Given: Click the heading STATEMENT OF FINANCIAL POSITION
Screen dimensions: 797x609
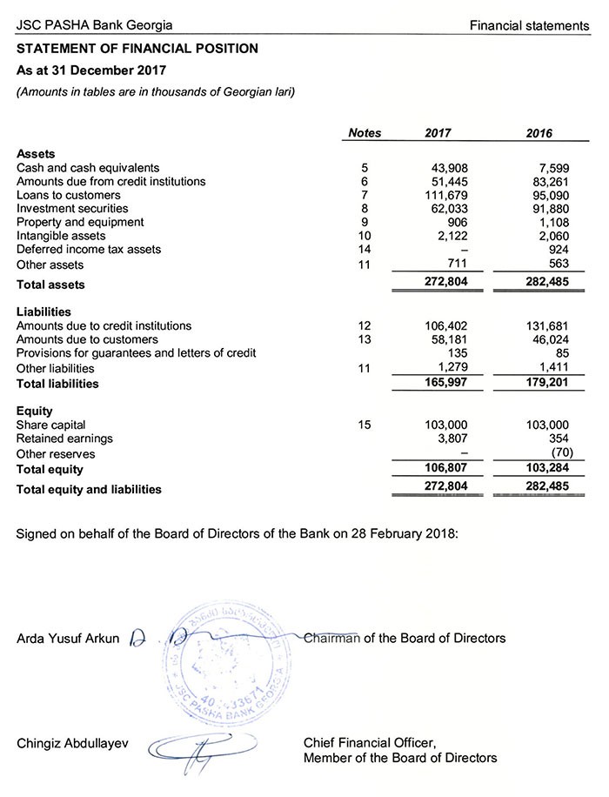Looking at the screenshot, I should pyautogui.click(x=137, y=49).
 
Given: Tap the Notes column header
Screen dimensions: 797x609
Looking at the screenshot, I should pyautogui.click(x=365, y=133).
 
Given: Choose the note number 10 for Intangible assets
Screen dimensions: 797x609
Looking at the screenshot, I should pyautogui.click(x=365, y=236).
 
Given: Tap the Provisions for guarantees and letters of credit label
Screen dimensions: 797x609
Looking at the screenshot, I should pyautogui.click(x=136, y=353).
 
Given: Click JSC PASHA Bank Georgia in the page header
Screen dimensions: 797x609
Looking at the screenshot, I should pyautogui.click(x=94, y=25).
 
